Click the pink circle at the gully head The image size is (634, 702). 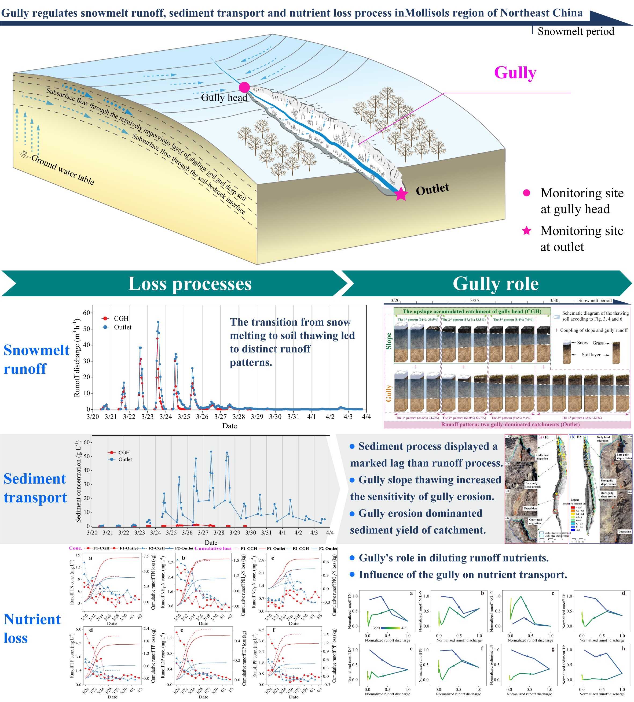click(x=244, y=87)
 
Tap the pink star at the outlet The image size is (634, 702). click(x=401, y=194)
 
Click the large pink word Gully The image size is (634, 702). click(x=515, y=73)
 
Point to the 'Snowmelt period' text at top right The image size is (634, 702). click(x=576, y=31)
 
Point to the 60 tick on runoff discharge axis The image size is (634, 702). click(x=86, y=313)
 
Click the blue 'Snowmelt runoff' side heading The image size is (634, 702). click(x=36, y=359)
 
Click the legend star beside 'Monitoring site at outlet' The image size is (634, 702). click(x=526, y=231)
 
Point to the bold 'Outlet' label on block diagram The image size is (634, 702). click(x=432, y=189)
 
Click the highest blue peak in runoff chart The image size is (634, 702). click(x=158, y=322)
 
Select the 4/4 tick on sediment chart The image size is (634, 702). click(x=329, y=533)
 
